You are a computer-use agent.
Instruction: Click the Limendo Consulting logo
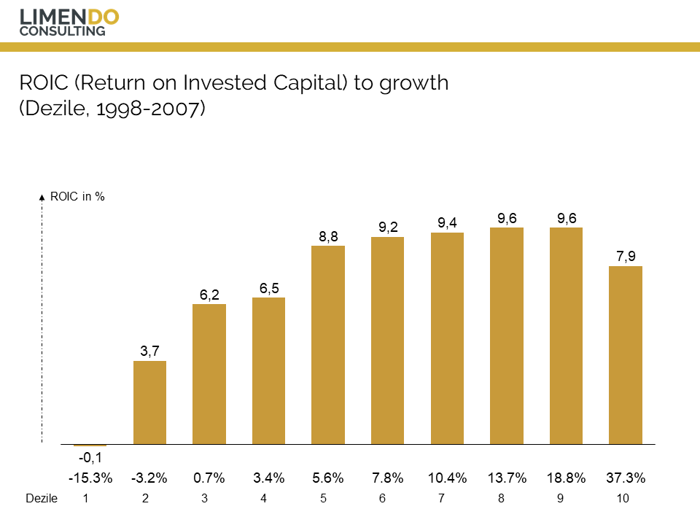click(x=69, y=22)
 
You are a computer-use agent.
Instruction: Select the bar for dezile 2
click(x=149, y=402)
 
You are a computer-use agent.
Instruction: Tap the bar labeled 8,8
click(x=328, y=345)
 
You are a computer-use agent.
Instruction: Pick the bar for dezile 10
click(x=626, y=355)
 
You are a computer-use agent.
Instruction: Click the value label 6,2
click(x=209, y=295)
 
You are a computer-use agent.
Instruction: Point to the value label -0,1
click(x=90, y=458)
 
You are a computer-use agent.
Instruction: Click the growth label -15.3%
click(x=90, y=479)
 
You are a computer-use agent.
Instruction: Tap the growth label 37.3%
click(x=626, y=479)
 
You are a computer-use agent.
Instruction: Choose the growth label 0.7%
click(x=209, y=479)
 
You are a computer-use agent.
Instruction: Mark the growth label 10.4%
click(x=447, y=479)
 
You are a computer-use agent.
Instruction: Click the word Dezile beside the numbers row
click(x=41, y=499)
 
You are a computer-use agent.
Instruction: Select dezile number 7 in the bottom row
click(x=441, y=499)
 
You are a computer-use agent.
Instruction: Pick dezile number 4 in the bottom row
click(x=263, y=499)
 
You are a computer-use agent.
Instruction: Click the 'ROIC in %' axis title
click(x=77, y=197)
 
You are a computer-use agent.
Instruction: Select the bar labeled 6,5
click(x=268, y=371)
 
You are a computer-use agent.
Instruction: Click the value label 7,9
click(x=626, y=257)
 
